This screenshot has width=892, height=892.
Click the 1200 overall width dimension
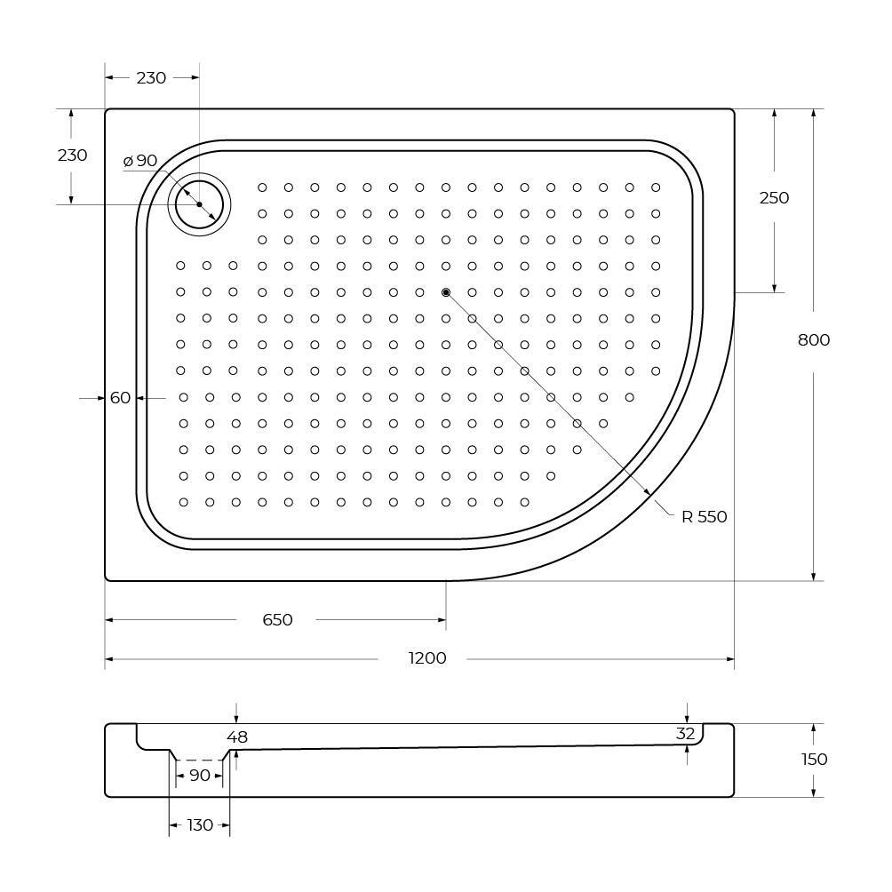pos(427,658)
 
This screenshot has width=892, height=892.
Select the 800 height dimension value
pos(813,339)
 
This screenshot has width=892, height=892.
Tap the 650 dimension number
pos(277,619)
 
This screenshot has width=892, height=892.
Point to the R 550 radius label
pos(704,517)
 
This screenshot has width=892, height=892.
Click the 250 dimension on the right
pos(774,197)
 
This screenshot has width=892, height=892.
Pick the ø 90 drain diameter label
pos(140,161)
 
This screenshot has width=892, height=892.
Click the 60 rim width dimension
pos(121,398)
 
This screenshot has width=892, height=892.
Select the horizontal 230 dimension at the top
pos(151,77)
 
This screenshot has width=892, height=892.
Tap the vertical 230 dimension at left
pos(72,155)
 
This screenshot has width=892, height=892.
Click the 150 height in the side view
pos(814,759)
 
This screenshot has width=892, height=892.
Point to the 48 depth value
pos(237,737)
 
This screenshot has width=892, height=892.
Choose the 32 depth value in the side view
pos(685,734)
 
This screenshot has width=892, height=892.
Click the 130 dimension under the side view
pos(200,825)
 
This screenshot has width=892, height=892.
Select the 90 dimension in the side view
pos(200,776)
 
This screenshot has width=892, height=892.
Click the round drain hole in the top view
pos(199,204)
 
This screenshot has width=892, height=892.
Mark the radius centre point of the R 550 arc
pos(446,292)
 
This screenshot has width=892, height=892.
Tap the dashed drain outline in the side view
pos(200,761)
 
